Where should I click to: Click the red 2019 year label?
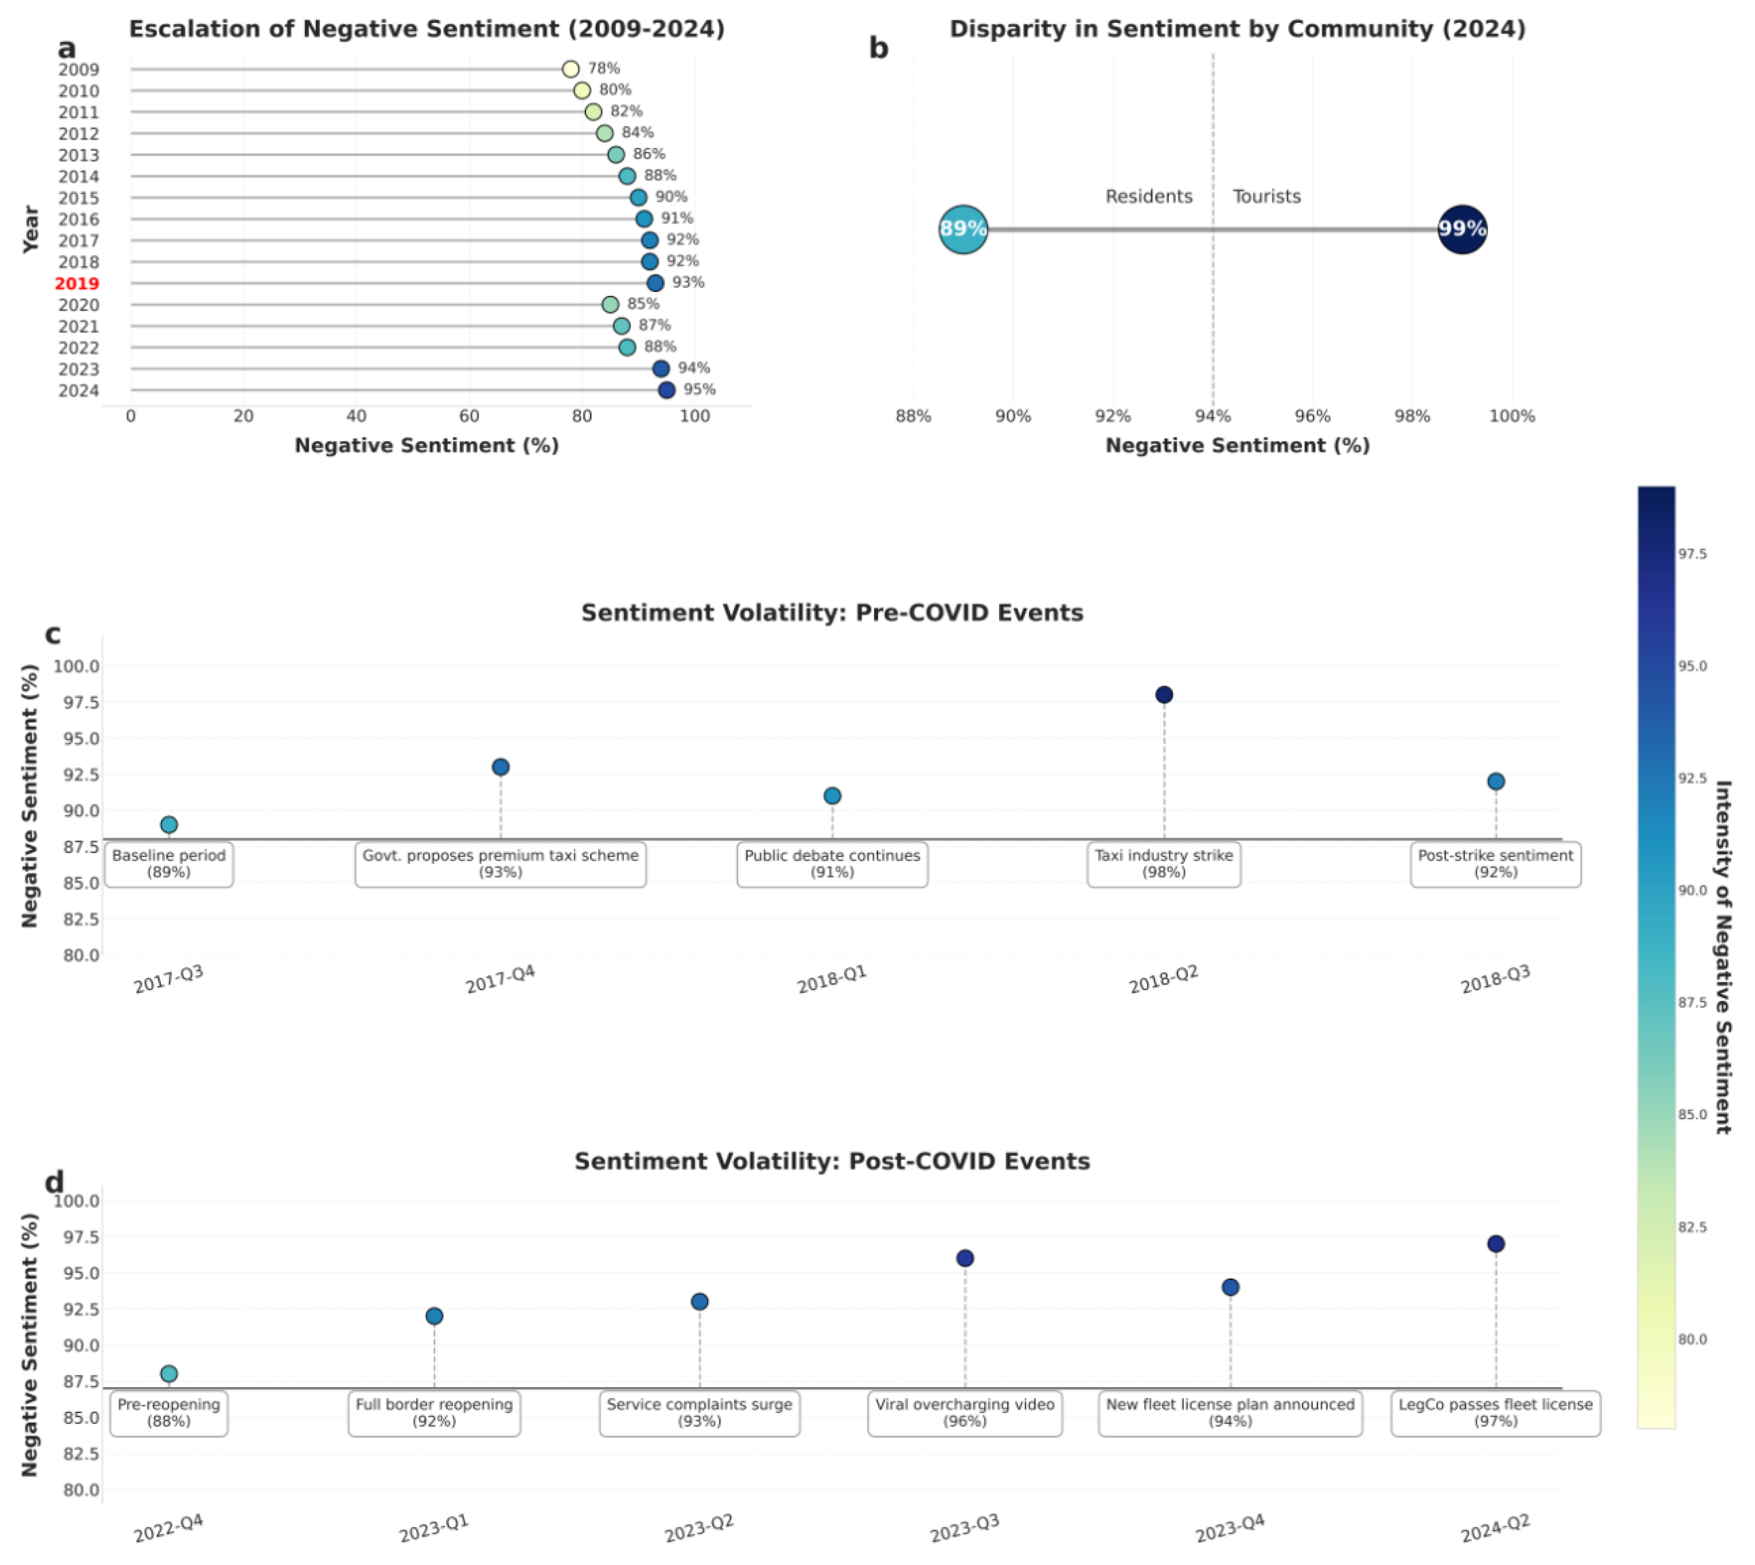(x=77, y=283)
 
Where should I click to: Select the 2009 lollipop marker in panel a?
(x=570, y=69)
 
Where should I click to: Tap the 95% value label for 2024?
(x=699, y=390)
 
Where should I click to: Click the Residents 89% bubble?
(x=962, y=229)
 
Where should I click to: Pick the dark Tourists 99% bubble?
(x=1462, y=229)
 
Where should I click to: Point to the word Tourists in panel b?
(x=1266, y=196)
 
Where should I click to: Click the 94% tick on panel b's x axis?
(x=1213, y=416)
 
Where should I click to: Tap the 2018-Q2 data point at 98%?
(x=1163, y=695)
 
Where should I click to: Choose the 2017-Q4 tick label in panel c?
(x=501, y=979)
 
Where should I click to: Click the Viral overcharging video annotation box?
(x=964, y=1413)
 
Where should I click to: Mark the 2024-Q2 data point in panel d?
(x=1496, y=1244)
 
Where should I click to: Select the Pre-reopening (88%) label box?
(x=168, y=1413)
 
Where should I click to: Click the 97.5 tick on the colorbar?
(x=1692, y=554)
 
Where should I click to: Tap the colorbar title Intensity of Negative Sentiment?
(x=1722, y=956)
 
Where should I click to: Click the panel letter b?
(x=878, y=48)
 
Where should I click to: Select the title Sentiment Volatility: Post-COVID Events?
(x=832, y=1161)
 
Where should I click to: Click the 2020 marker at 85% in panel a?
(x=610, y=304)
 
